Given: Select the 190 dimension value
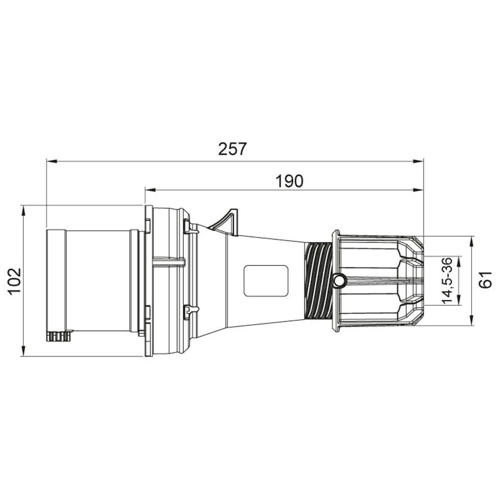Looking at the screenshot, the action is [289, 181].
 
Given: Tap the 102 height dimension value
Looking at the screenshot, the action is [15, 282].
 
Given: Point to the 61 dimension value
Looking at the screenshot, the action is [485, 280].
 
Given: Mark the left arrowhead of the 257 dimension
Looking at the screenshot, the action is [52, 161].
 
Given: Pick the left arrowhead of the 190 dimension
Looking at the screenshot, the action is [150, 190].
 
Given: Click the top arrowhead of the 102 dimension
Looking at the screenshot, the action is [23, 211].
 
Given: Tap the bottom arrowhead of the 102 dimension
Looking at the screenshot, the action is [23, 351].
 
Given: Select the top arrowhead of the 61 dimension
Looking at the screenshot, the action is [472, 241].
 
